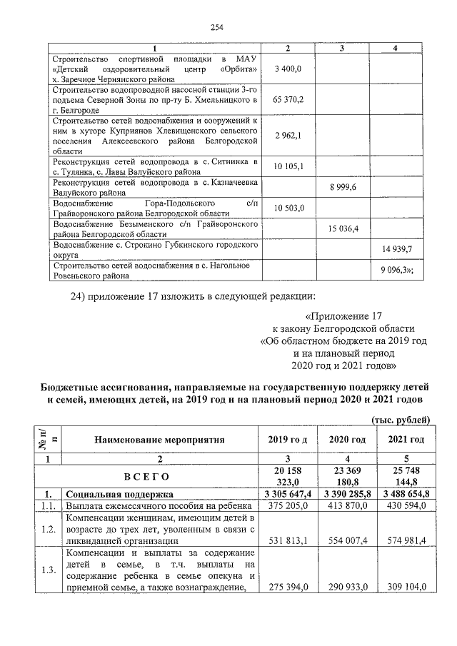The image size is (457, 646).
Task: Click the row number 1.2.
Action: click(47, 530)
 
